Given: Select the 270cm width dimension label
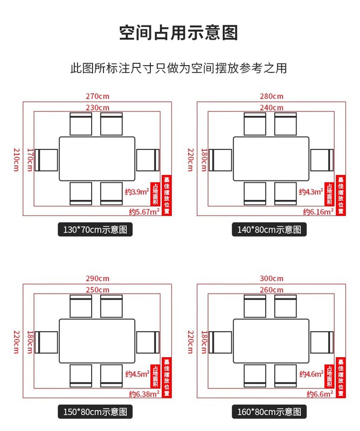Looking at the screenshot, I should [97, 96].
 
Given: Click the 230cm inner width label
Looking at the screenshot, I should [97, 108].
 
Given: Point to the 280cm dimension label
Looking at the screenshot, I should [271, 96].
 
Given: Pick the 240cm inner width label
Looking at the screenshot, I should [271, 108].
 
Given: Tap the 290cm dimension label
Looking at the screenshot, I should [97, 279].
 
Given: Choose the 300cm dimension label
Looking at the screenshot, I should [271, 279].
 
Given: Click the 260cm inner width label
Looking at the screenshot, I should [271, 290].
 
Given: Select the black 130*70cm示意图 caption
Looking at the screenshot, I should [95, 230].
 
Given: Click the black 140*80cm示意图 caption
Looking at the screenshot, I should [269, 230].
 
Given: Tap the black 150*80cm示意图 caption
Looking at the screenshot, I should [95, 413].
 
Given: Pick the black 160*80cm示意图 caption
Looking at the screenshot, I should [269, 413].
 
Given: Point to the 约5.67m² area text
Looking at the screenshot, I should [143, 211].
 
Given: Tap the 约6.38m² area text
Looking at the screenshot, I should [143, 393].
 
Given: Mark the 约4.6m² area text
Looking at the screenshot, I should [310, 374].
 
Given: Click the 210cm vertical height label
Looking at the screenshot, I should [16, 159].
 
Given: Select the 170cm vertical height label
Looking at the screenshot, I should [30, 159].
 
